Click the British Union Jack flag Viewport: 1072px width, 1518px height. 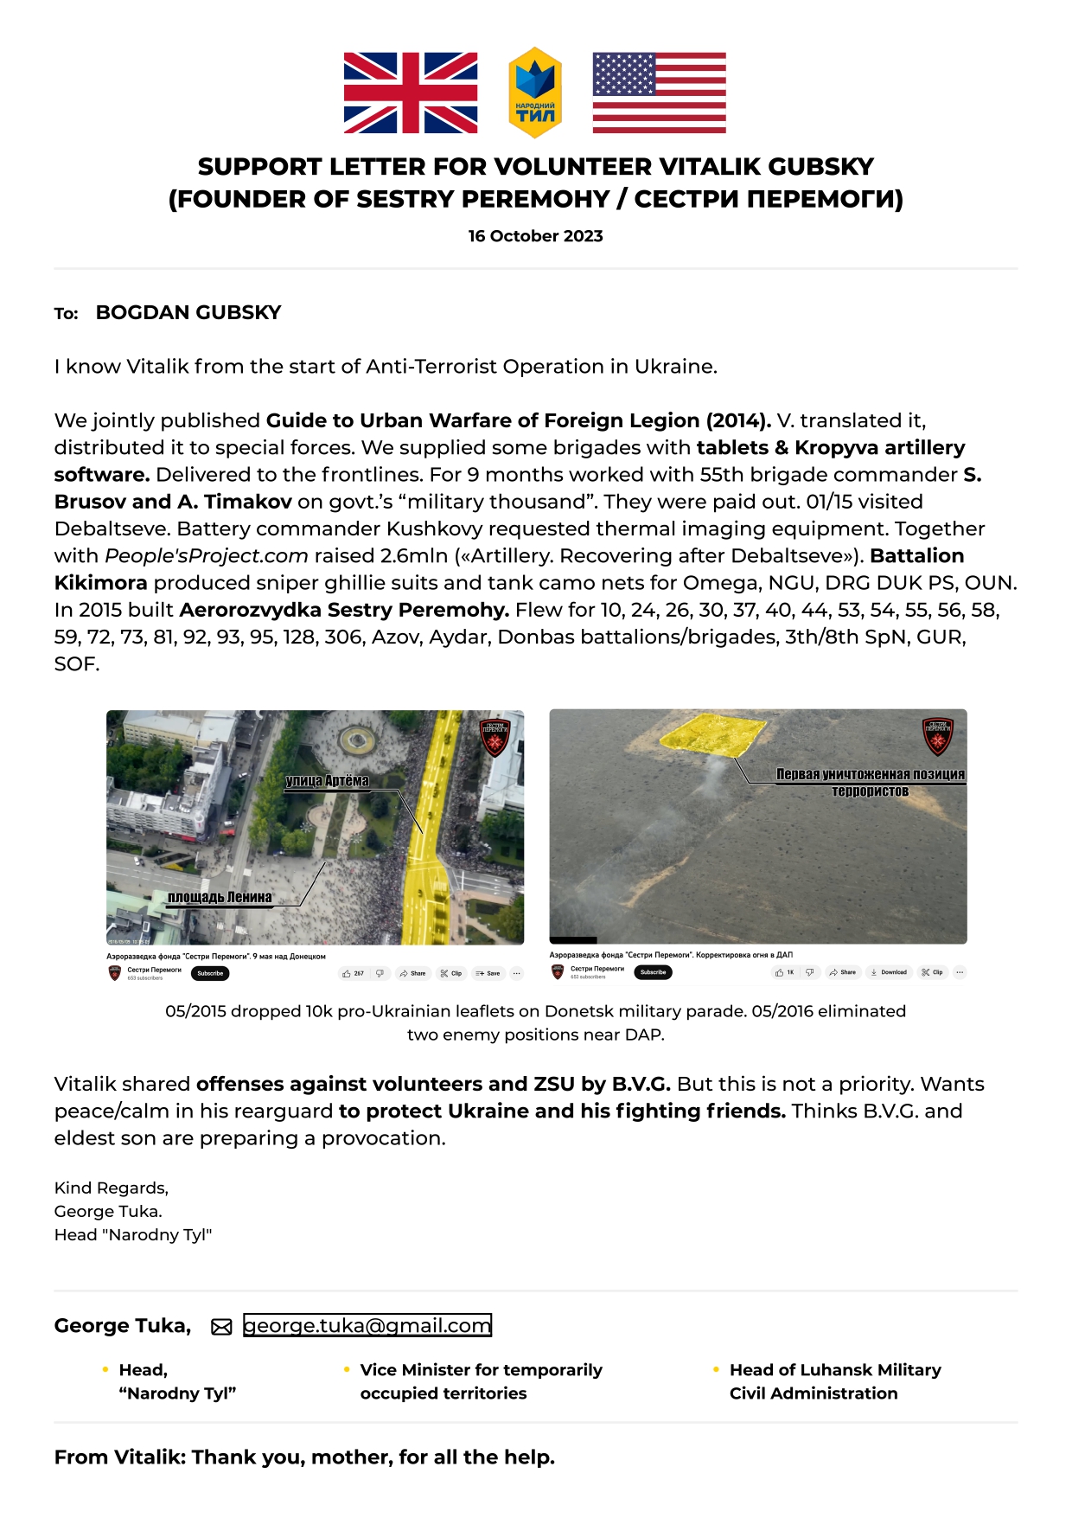[x=411, y=93]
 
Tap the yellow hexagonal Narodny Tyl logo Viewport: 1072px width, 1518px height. [x=535, y=93]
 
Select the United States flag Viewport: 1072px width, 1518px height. [x=659, y=93]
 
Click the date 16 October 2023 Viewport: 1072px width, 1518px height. [x=535, y=236]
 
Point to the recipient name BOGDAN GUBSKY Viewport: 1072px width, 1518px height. [x=188, y=312]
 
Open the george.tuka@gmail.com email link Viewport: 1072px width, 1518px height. [x=367, y=1325]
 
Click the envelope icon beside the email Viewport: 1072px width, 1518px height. [x=221, y=1327]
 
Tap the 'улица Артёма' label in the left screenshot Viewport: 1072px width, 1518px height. [x=327, y=781]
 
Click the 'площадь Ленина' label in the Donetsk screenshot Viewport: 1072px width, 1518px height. [x=220, y=897]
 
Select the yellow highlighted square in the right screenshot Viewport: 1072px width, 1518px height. [x=712, y=734]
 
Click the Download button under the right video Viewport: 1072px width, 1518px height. [x=889, y=972]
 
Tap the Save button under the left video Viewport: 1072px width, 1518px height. [x=488, y=973]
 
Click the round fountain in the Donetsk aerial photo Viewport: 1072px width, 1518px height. [x=354, y=739]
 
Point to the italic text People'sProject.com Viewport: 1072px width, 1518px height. [x=207, y=555]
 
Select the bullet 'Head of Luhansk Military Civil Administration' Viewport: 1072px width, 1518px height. [x=834, y=1381]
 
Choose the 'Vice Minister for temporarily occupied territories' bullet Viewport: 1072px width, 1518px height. [x=481, y=1381]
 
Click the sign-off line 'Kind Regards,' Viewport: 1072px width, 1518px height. [x=112, y=1188]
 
